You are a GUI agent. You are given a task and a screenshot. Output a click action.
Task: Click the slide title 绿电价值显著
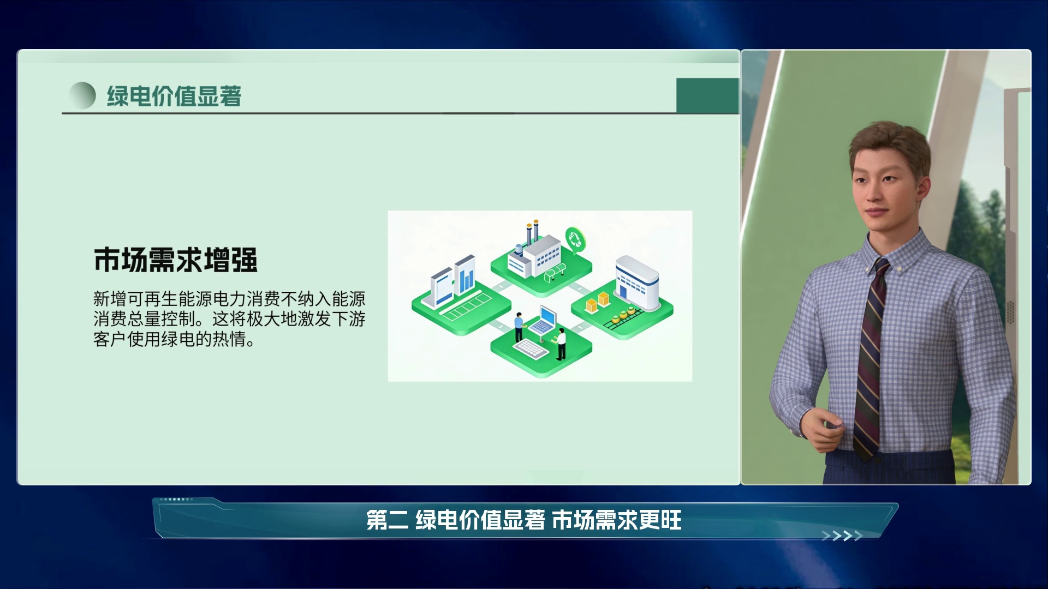(x=174, y=96)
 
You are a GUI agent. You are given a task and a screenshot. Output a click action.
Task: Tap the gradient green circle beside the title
(x=82, y=95)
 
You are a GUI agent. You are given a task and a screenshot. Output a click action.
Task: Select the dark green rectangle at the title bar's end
(x=707, y=95)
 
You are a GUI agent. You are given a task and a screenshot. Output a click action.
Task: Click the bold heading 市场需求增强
(x=175, y=260)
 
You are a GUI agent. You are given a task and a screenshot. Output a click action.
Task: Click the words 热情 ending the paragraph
(x=229, y=339)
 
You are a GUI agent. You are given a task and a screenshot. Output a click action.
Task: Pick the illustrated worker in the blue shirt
(x=519, y=327)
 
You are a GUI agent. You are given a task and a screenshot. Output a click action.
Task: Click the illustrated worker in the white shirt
(x=560, y=344)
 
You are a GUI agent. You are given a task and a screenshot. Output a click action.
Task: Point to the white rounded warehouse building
(x=637, y=283)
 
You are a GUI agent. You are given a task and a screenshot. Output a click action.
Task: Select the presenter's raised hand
(x=824, y=429)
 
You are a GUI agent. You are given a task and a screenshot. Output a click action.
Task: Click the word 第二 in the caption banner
(x=387, y=520)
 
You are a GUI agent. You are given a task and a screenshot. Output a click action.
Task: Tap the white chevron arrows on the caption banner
(x=842, y=536)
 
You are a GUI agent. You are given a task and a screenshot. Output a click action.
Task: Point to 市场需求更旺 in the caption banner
(x=617, y=520)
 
